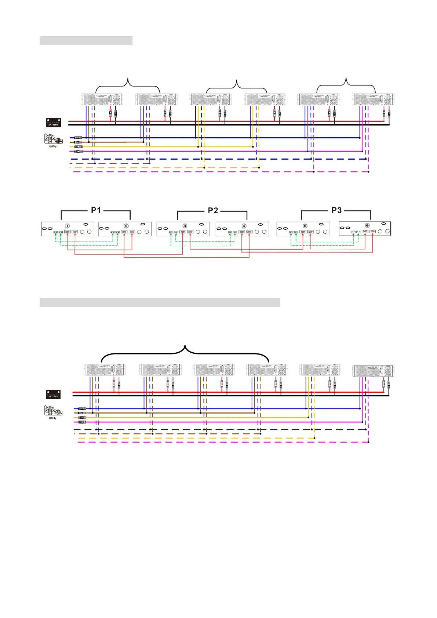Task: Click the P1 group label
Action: (x=96, y=210)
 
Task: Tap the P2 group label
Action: (x=213, y=210)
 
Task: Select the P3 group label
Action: (x=336, y=210)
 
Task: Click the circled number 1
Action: (x=67, y=226)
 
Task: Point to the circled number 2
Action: (x=126, y=226)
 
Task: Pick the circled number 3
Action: (x=185, y=226)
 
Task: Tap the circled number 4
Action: (x=244, y=226)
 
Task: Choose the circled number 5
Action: (x=305, y=226)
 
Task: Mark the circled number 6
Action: (x=367, y=225)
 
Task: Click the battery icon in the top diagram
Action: (x=53, y=123)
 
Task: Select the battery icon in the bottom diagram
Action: (x=53, y=395)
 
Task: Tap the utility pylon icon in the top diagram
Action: (x=53, y=139)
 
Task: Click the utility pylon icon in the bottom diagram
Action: (x=53, y=411)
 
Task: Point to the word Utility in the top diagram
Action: (x=53, y=147)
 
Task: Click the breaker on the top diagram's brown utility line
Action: (x=78, y=142)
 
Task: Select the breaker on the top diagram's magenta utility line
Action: (x=78, y=151)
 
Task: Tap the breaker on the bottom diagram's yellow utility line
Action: (x=82, y=417)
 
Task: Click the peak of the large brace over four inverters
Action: (x=185, y=346)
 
